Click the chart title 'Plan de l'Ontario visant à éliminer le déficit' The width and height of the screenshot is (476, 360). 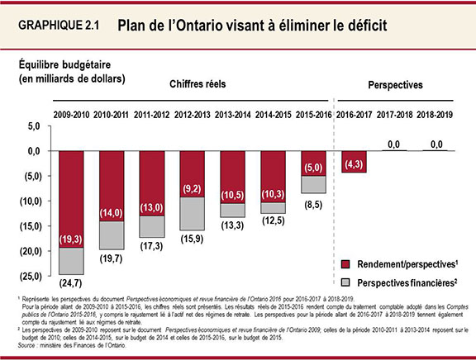[x=252, y=26]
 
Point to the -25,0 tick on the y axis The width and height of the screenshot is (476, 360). [x=29, y=275]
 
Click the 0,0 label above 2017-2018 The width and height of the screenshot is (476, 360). [x=393, y=144]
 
